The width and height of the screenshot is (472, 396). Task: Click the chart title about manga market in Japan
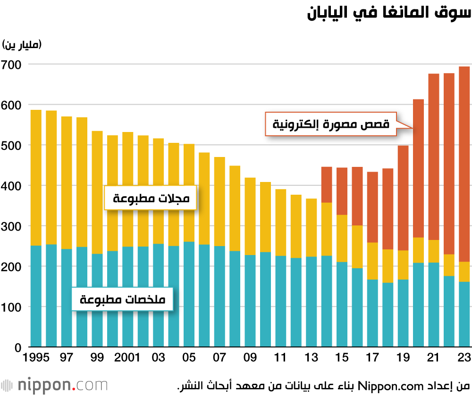(389, 14)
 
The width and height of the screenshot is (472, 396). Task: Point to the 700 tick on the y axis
(11, 64)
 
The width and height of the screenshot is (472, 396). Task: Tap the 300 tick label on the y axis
(11, 226)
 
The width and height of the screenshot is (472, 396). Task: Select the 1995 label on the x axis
(36, 357)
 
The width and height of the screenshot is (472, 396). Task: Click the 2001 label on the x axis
(128, 357)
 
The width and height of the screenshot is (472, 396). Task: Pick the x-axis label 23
(464, 357)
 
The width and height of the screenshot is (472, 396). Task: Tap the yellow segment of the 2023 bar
(464, 272)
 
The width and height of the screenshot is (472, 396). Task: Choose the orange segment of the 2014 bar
(327, 184)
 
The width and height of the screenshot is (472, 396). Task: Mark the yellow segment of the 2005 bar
(189, 193)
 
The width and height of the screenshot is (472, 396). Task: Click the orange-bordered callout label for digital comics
(331, 124)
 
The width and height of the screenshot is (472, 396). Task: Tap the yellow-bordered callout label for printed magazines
(151, 198)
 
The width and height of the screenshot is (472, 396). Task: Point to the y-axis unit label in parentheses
(22, 45)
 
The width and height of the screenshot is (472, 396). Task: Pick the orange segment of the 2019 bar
(403, 198)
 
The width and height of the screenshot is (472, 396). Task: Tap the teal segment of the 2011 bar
(281, 301)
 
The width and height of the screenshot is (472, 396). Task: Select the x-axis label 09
(250, 357)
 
